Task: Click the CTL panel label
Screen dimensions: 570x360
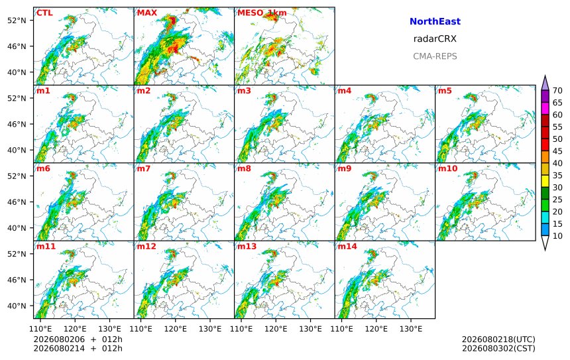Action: pos(44,13)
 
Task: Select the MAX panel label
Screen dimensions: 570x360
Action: pos(147,13)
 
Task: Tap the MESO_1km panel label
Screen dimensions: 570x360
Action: pos(262,13)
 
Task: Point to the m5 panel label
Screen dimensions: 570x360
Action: pos(445,91)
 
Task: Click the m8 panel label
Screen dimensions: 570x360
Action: pos(244,168)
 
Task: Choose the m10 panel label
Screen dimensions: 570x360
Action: pos(447,168)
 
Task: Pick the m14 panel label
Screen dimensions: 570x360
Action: pos(347,247)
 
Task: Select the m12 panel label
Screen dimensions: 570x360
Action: pos(146,247)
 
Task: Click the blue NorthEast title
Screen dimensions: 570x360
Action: pos(435,21)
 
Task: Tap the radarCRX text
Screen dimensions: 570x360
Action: pos(435,39)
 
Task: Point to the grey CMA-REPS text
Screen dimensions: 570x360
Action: pos(435,56)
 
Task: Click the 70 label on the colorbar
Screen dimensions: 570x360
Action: pos(557,91)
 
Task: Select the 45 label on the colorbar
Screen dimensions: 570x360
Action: pos(557,151)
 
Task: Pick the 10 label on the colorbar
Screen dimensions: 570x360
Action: pos(557,236)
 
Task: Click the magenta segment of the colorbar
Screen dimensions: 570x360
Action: pos(545,108)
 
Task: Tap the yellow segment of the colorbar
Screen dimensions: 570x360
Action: pos(545,181)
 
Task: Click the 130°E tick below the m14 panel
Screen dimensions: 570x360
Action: pos(411,329)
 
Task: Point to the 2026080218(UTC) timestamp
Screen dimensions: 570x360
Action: pos(498,339)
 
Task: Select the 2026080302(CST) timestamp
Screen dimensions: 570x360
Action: pos(498,348)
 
